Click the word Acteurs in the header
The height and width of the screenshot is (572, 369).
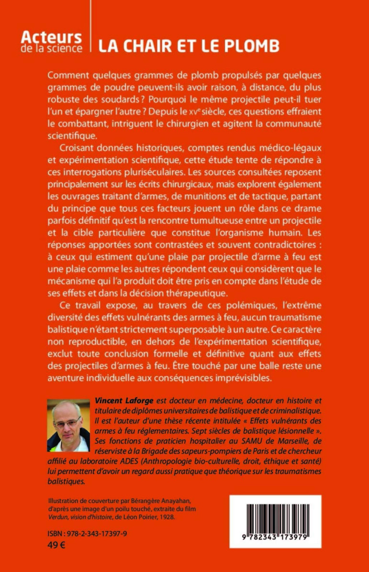tap(52, 37)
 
